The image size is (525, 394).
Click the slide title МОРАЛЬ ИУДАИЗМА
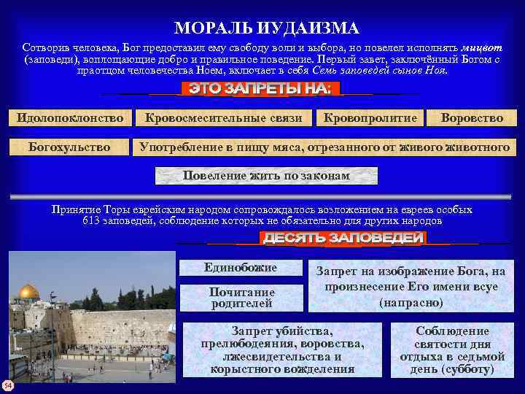[266, 28]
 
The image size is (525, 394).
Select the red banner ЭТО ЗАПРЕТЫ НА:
[260, 89]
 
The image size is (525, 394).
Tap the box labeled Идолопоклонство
[71, 117]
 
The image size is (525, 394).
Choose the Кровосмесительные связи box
[223, 117]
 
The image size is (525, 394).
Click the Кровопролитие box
[370, 117]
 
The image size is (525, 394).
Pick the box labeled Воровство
[472, 117]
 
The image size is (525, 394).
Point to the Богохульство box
[69, 147]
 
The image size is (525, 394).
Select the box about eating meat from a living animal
[324, 147]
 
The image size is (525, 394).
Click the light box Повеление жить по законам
[267, 176]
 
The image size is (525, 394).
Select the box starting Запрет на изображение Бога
[410, 286]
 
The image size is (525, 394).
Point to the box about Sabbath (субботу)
[452, 349]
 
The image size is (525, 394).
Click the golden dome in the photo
[28, 292]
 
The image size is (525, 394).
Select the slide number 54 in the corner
[7, 385]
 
